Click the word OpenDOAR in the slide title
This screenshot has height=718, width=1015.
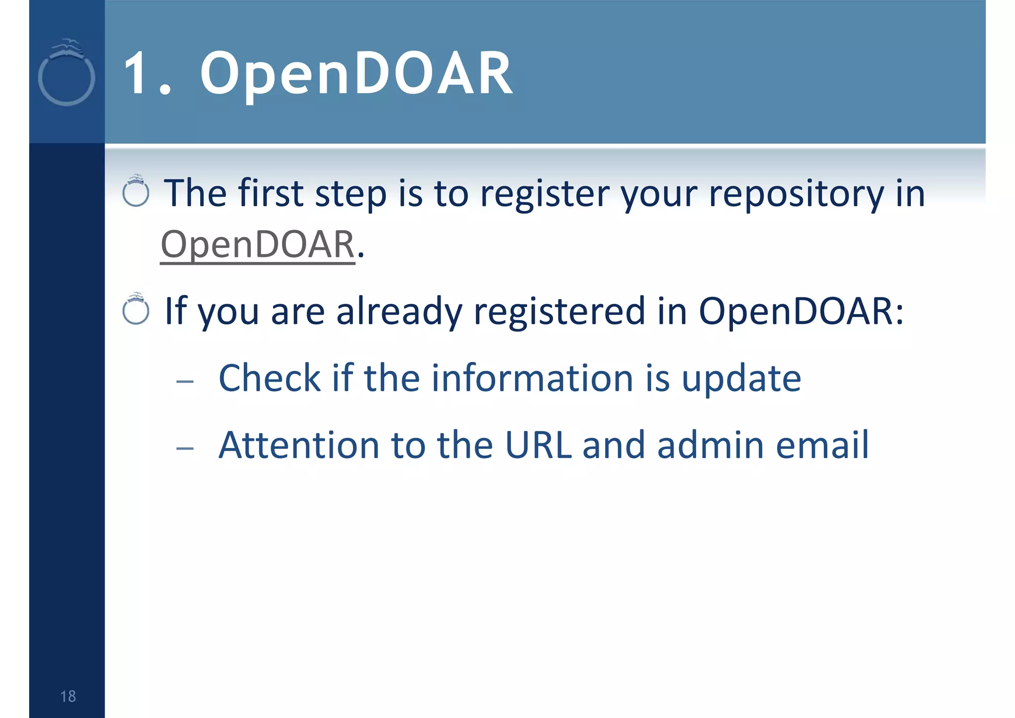356,74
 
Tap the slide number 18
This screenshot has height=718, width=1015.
68,697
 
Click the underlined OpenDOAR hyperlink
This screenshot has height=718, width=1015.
258,245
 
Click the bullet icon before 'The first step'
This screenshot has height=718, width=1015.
136,191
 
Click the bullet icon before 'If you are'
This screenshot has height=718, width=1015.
136,309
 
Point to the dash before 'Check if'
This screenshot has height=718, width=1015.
185,381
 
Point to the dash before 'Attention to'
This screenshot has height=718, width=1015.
185,448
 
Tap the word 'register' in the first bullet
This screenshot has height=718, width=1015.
545,193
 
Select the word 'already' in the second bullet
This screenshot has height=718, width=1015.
399,311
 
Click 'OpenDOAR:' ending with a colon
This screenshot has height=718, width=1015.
800,311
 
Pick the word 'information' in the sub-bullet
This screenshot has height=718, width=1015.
532,378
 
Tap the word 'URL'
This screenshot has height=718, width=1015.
538,445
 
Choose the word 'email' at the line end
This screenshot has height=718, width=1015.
822,445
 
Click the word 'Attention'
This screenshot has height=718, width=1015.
299,445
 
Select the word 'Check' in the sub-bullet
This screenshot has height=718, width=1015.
269,378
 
